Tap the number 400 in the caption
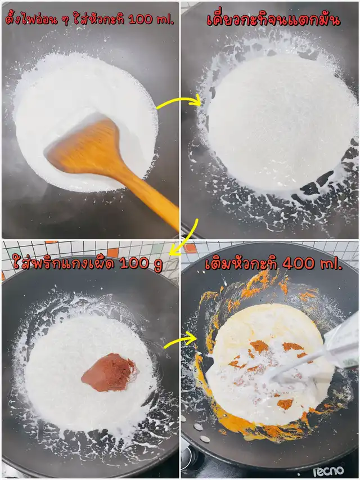tap(299, 263)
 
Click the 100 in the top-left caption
tap(141, 20)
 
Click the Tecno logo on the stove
tap(328, 471)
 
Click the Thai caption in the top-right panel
tap(273, 20)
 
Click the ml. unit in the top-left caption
tap(165, 20)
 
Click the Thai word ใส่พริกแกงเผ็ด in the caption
tap(64, 263)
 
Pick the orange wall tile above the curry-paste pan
tap(112, 252)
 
